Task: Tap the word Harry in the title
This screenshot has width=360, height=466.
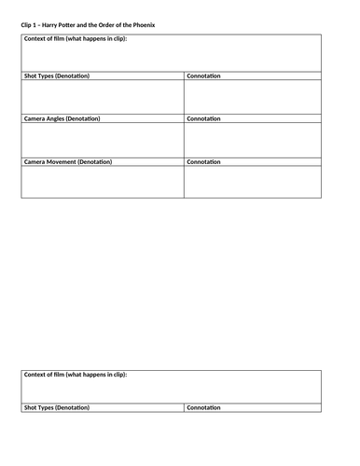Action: click(52, 23)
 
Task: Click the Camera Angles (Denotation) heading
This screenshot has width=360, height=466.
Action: click(62, 119)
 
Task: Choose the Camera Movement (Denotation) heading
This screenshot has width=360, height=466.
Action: click(67, 162)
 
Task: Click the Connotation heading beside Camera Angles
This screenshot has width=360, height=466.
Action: click(203, 119)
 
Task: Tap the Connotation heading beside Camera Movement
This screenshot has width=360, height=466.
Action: click(203, 162)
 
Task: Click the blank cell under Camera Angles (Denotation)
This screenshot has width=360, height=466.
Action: click(102, 140)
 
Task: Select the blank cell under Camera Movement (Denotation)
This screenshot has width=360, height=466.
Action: click(102, 182)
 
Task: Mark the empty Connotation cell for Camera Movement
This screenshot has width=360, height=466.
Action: click(252, 182)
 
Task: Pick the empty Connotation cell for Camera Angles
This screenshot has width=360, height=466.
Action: click(252, 140)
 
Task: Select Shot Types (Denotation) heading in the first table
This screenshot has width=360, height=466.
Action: click(57, 75)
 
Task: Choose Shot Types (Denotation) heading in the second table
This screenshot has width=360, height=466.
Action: click(57, 407)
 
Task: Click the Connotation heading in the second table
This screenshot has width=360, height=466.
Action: click(203, 407)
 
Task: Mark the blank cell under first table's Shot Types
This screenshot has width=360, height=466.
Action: click(102, 97)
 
